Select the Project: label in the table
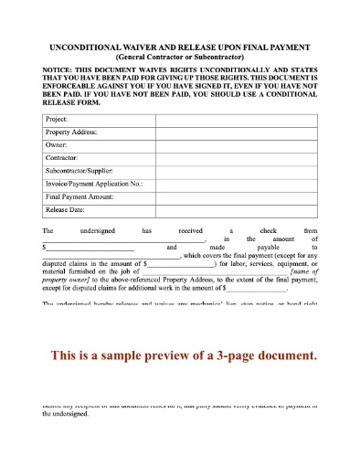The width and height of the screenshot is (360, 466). pos(58,120)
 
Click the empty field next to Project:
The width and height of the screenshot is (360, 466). pos(236,120)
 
